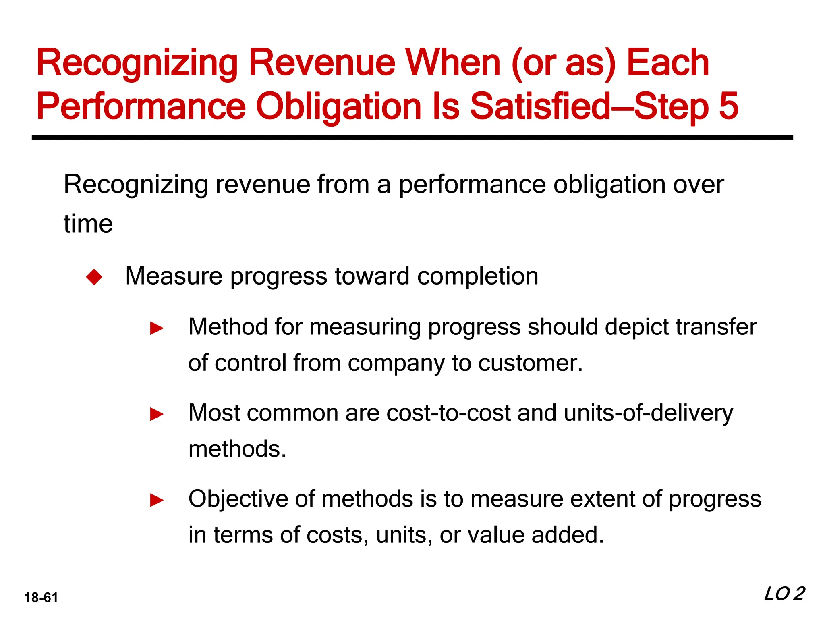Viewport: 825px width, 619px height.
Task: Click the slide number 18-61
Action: pos(41,598)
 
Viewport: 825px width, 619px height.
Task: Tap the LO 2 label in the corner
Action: pos(784,594)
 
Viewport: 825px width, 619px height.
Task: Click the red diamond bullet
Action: pos(94,277)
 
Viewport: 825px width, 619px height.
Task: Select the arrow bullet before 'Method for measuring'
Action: pos(157,328)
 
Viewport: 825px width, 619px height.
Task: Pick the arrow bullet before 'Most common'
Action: pos(157,414)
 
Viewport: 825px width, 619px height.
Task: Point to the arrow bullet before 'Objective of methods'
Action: pos(157,501)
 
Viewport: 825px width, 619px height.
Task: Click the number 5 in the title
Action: pos(728,106)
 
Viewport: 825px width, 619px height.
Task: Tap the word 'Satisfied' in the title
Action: pos(540,106)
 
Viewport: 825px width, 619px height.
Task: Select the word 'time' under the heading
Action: pos(88,224)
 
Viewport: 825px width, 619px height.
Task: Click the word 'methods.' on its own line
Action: pos(237,449)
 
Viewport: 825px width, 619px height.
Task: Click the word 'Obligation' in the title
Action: pos(338,106)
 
